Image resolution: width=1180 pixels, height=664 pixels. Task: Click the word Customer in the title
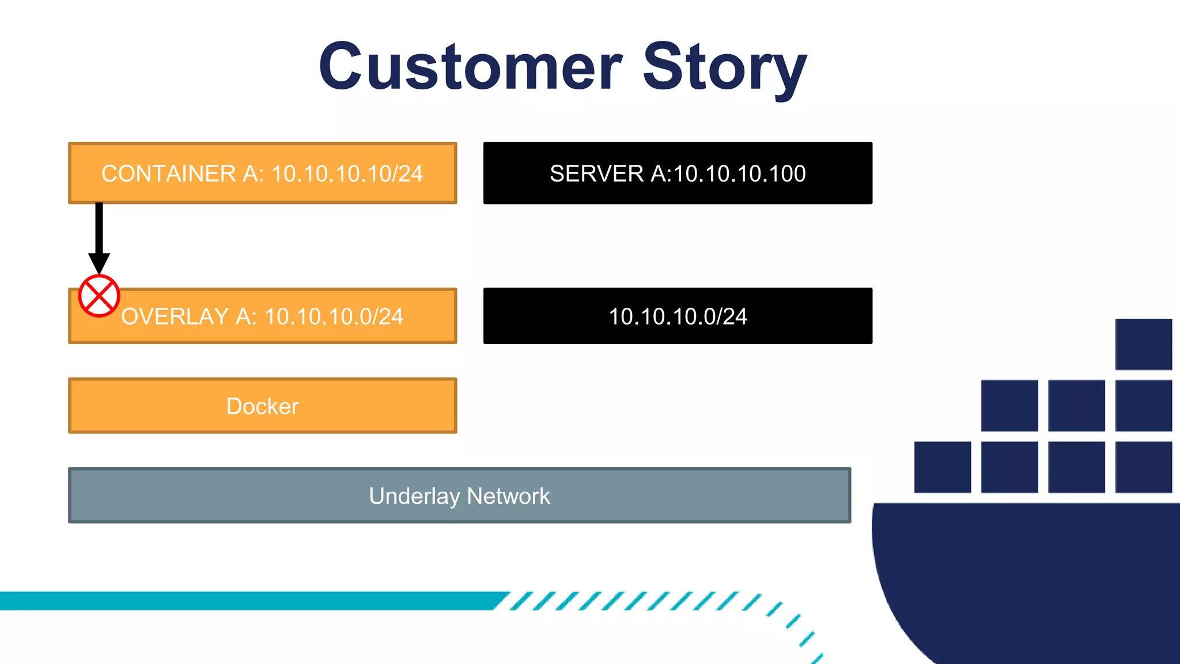click(x=470, y=67)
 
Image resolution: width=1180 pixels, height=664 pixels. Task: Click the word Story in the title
click(x=724, y=67)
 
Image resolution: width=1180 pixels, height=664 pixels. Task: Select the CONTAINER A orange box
click(x=262, y=173)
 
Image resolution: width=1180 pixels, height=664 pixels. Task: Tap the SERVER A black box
click(x=678, y=173)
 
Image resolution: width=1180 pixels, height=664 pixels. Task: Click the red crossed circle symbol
click(x=99, y=296)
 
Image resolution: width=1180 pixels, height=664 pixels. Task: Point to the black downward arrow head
click(x=99, y=262)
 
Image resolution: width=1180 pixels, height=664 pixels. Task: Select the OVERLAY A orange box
click(x=262, y=316)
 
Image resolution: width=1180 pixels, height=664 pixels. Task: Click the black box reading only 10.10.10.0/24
click(x=678, y=316)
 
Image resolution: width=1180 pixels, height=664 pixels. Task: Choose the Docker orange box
click(x=262, y=406)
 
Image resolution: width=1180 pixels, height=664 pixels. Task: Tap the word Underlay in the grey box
click(x=414, y=496)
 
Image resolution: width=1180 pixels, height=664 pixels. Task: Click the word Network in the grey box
click(x=508, y=496)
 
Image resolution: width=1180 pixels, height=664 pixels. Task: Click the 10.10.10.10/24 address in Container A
click(x=347, y=173)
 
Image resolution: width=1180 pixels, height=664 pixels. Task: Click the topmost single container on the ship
click(x=1143, y=344)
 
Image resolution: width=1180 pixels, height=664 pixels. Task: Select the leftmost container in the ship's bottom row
click(x=942, y=467)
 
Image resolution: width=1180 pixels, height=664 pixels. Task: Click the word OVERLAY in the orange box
click(x=175, y=316)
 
